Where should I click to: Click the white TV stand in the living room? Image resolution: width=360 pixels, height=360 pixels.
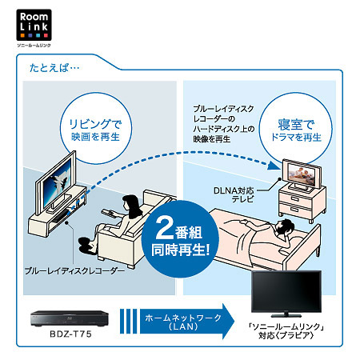tap(54, 209)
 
